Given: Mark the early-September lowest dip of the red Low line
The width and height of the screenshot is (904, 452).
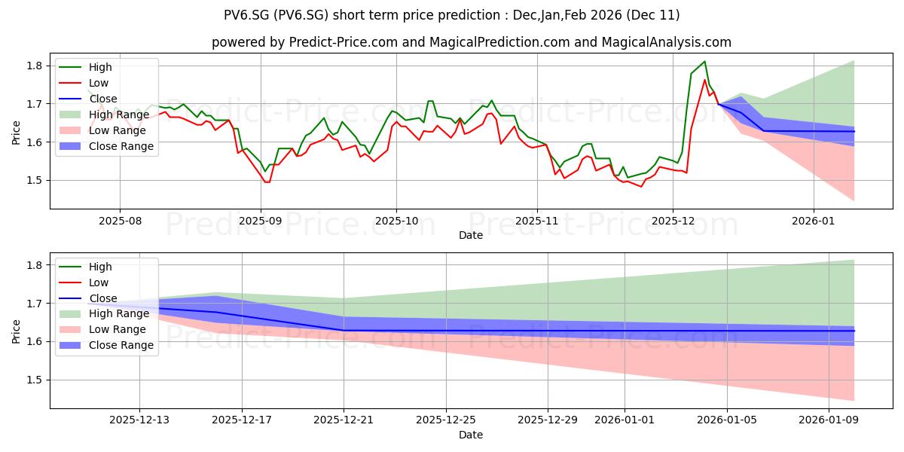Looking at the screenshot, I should coord(266,182).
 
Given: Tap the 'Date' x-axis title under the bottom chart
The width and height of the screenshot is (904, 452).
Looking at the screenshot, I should coord(471,435).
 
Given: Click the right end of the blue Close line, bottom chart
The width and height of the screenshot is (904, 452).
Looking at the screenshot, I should coord(854,331).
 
